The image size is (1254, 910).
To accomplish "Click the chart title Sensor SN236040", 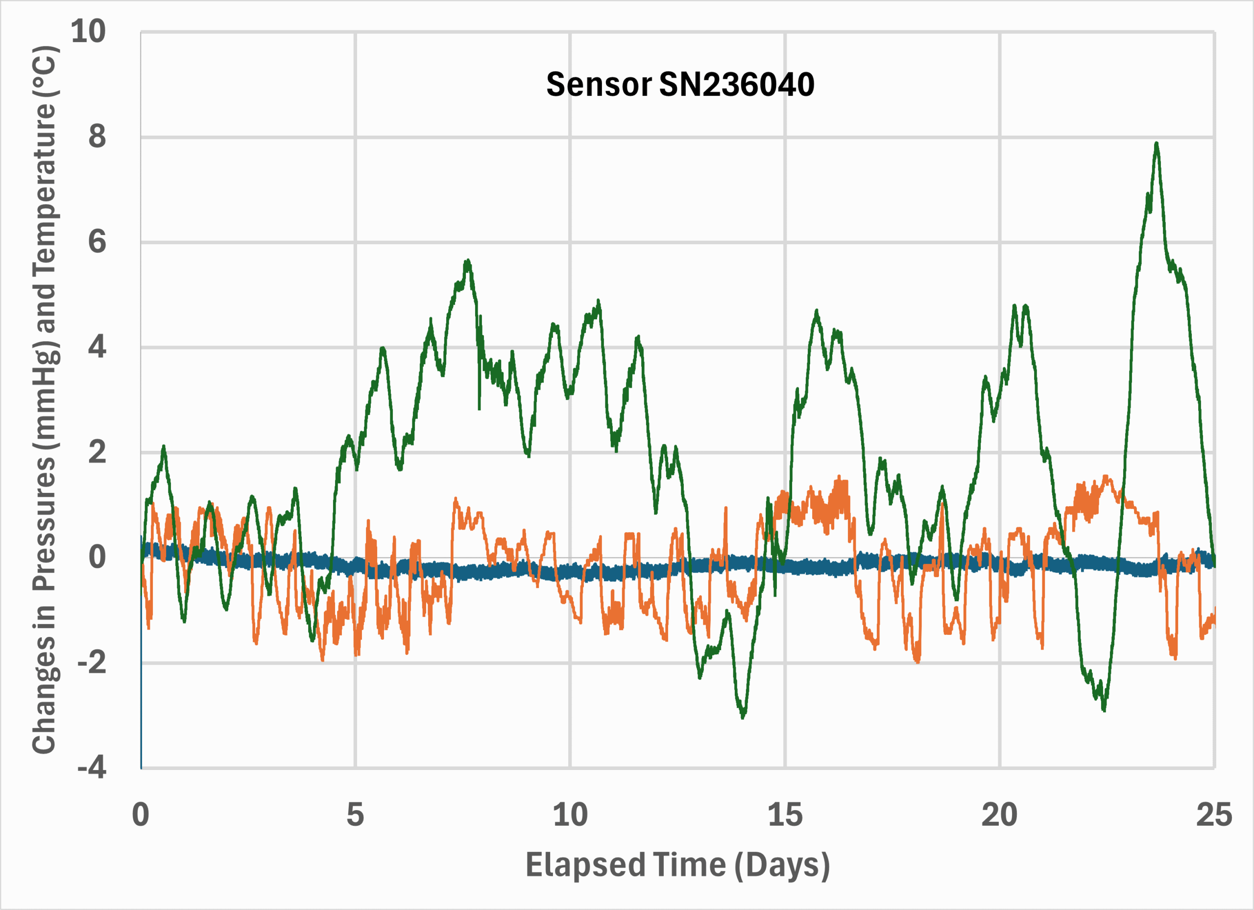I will coord(680,85).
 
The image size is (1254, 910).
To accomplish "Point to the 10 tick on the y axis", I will coord(89,31).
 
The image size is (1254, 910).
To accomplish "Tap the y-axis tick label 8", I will coord(97,137).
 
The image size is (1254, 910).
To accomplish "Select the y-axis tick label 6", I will coord(97,242).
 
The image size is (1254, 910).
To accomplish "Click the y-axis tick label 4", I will coord(97,348).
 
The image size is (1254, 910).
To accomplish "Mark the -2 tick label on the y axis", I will coord(92,663).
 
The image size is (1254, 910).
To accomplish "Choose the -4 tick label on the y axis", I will coord(92,768).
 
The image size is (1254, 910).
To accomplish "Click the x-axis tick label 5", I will coord(355,815).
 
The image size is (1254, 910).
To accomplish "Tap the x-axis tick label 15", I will coord(785,815).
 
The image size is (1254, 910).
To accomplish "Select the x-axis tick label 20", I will coord(999,815).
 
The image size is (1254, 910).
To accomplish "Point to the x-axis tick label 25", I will coord(1214,815).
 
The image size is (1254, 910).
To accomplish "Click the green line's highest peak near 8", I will coord(1156,143).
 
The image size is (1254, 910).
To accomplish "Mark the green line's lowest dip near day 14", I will coord(743,717).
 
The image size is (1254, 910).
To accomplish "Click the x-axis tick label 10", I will coord(570,815).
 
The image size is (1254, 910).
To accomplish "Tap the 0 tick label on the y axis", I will coord(97,558).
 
